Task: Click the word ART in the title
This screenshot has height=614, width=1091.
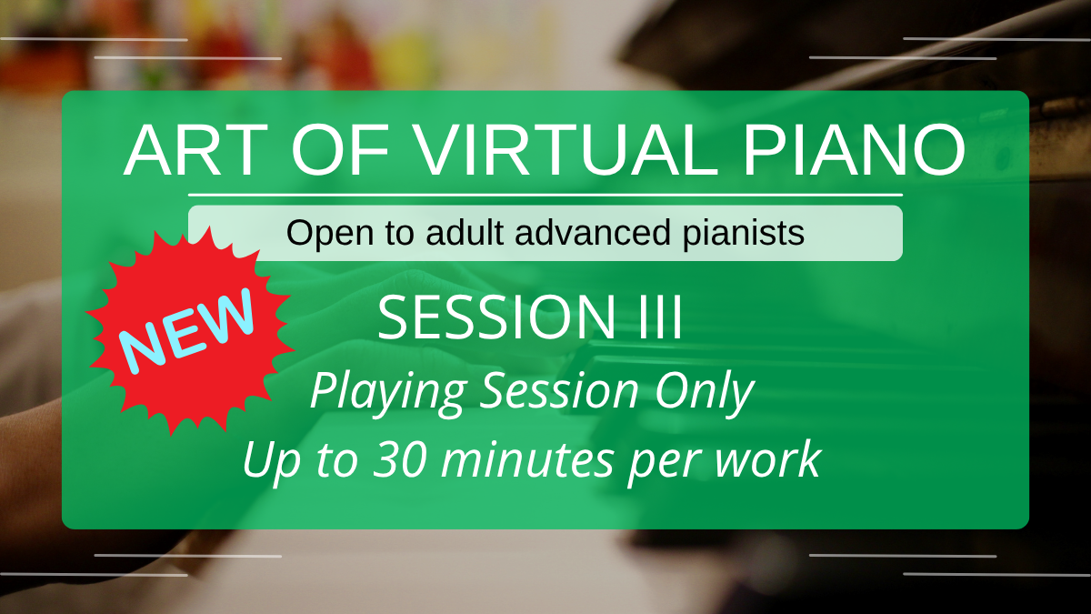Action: point(195,149)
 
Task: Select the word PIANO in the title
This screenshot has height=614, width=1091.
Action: point(854,149)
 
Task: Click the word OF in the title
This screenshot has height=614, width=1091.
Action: point(340,149)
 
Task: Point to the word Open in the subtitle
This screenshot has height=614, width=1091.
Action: point(331,234)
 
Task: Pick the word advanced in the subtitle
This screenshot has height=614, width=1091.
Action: point(593,232)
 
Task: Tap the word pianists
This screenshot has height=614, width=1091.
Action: point(744,234)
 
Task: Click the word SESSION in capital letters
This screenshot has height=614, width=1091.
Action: point(496,317)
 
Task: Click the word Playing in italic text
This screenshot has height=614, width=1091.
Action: point(388,393)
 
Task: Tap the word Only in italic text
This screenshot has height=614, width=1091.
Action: point(705,393)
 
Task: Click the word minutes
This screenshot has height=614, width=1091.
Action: point(527,459)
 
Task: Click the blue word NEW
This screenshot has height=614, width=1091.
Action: point(187,330)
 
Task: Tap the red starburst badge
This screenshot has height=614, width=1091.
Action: point(190,331)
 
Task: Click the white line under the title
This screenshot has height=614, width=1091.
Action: point(545,195)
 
